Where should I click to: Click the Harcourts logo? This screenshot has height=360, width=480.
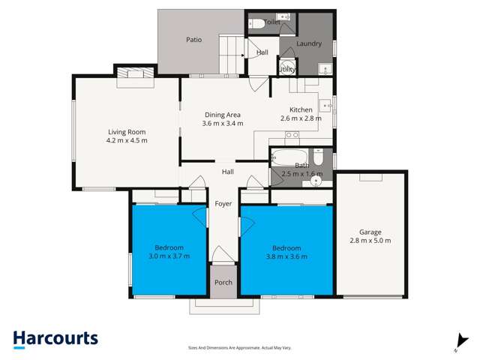(x=55, y=338)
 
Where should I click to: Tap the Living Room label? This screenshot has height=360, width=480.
(x=126, y=130)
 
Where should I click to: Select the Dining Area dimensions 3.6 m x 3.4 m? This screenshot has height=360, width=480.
(x=223, y=124)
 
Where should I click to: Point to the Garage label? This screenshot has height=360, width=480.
(x=370, y=231)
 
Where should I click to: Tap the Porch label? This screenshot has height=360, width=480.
(x=223, y=283)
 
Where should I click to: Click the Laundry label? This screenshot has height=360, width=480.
(x=309, y=43)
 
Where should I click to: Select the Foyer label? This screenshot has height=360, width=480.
(x=223, y=204)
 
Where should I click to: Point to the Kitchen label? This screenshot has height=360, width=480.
(x=300, y=109)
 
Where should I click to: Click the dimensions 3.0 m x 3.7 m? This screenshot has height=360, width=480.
(x=169, y=256)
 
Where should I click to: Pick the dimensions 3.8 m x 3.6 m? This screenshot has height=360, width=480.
(x=286, y=256)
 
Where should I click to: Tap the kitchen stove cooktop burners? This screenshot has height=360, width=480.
(x=292, y=135)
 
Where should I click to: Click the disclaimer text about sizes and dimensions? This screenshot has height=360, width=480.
(x=239, y=348)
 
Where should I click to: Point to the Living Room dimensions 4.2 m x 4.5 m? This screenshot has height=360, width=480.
(x=126, y=139)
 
